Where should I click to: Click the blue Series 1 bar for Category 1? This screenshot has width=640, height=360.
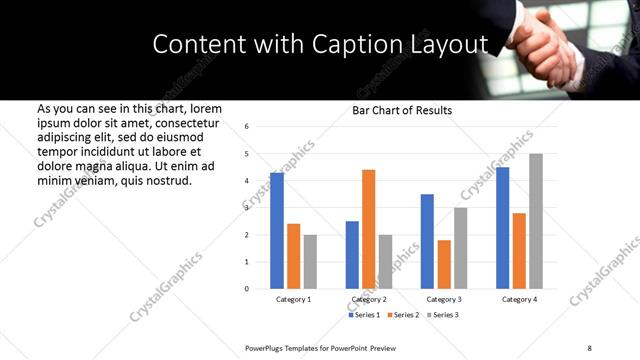(277, 231)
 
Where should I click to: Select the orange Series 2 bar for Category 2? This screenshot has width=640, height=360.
(369, 229)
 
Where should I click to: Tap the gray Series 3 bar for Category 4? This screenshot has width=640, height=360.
(536, 221)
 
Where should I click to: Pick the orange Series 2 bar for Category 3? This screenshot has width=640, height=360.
(444, 264)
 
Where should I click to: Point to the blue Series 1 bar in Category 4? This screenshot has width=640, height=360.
(503, 228)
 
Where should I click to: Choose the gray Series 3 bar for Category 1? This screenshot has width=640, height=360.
(310, 262)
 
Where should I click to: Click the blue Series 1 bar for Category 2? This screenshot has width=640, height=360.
(352, 255)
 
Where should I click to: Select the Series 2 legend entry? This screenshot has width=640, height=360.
(405, 315)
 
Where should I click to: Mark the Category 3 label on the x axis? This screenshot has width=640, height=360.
(444, 299)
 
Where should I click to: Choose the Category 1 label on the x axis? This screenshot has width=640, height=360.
(293, 299)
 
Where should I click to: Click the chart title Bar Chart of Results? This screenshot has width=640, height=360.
(402, 110)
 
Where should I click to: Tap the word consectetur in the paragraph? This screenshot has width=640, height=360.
(180, 122)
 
